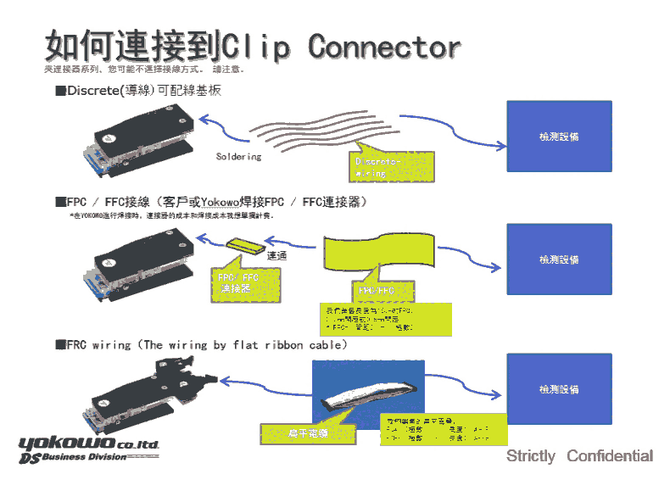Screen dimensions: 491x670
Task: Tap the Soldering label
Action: pos(238,157)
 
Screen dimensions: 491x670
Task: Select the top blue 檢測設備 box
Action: pos(558,135)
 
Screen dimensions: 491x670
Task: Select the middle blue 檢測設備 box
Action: pos(558,259)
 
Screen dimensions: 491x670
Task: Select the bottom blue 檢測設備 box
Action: pos(558,389)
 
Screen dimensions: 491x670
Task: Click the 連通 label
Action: pos(276,255)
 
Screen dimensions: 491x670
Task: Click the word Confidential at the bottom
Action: pos(610,456)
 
